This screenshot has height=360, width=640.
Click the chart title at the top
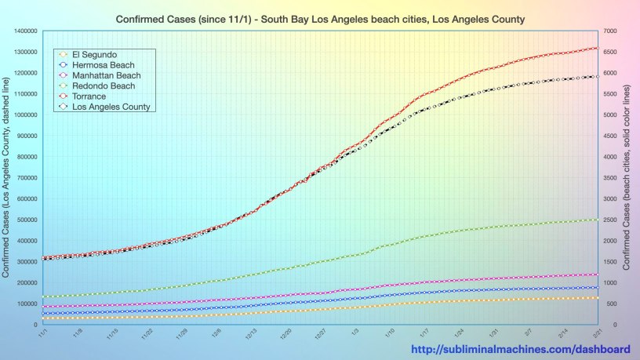coord(320,17)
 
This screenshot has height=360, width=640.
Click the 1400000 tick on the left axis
coord(24,31)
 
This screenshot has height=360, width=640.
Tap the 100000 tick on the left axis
coord(27,304)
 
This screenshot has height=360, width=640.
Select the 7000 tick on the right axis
coord(611,31)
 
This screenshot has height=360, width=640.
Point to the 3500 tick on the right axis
coord(611,178)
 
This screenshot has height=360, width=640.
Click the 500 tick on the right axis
coord(609,304)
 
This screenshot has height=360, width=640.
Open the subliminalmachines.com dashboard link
coord(521,349)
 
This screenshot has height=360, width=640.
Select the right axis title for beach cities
coord(627,177)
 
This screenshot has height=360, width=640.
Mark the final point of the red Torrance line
coord(598,48)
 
